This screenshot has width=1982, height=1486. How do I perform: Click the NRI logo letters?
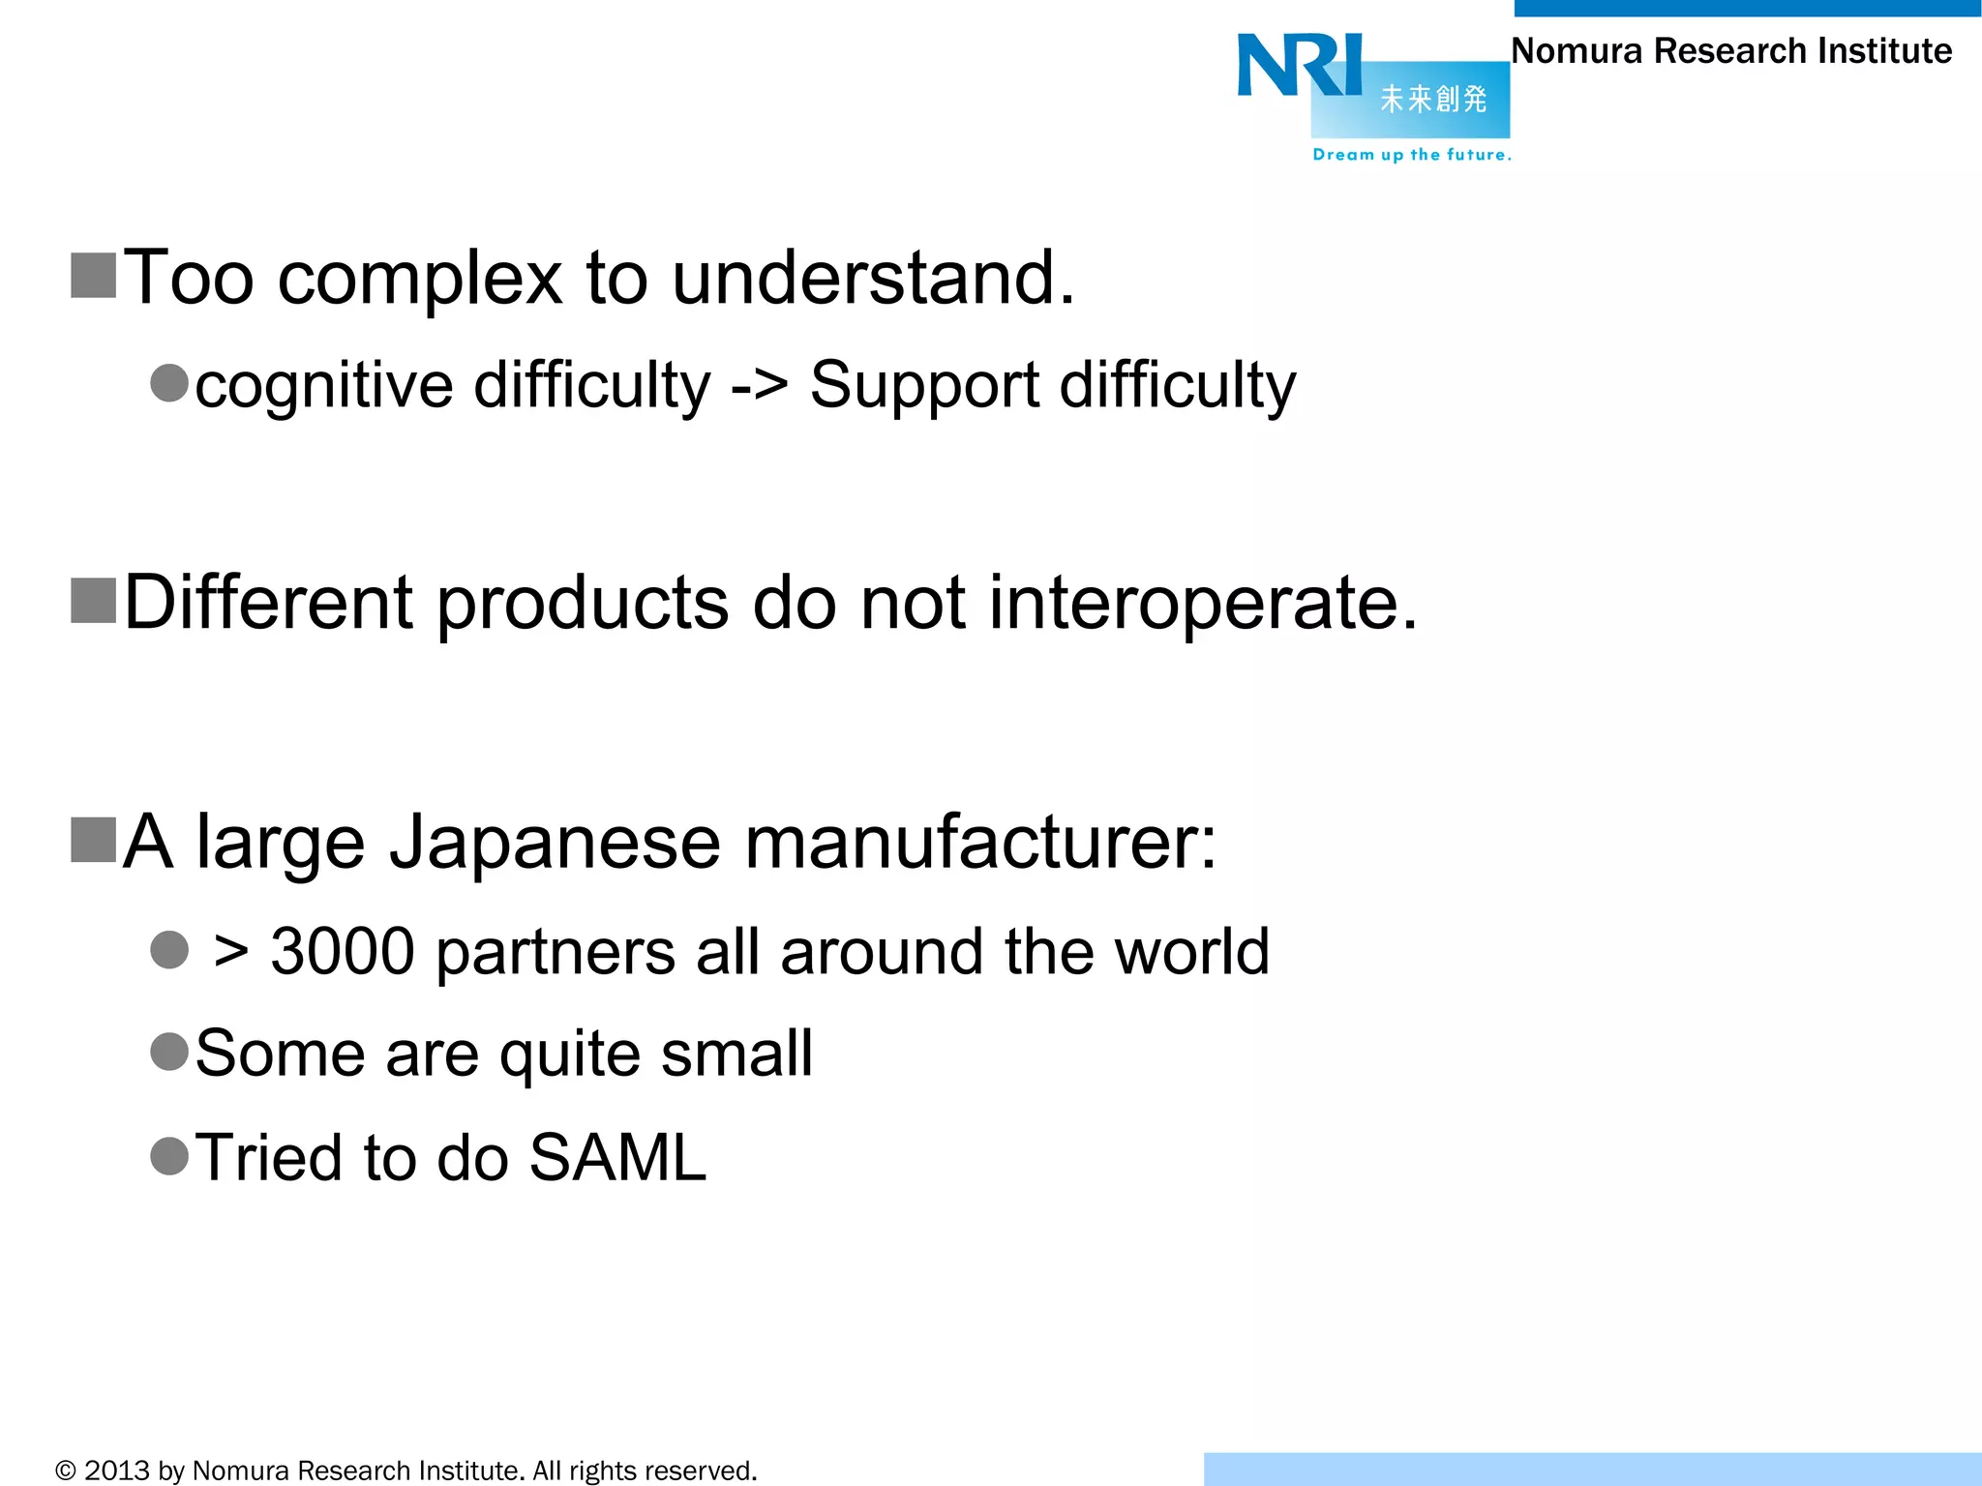pos(1299,66)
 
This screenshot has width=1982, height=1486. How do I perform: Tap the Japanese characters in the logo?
pos(1433,99)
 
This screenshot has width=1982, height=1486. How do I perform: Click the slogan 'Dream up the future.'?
pos(1411,155)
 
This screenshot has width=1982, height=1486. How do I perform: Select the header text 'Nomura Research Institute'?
pos(1731,51)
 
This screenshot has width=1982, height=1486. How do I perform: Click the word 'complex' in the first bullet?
pos(420,279)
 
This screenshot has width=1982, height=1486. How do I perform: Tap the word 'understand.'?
pos(873,278)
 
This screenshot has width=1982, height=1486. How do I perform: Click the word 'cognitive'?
pos(324,386)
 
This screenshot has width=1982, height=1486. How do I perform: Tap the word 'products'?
pos(583,604)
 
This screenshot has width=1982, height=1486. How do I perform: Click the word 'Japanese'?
pos(555,844)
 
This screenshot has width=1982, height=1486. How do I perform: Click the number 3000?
pos(343,951)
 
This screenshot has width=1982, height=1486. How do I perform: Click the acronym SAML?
pos(617,1157)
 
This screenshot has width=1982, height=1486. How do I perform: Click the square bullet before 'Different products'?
pos(94,601)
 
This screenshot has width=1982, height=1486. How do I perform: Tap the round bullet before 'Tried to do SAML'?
pos(169,1155)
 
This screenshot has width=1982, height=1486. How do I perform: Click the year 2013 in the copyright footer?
pos(117,1471)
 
